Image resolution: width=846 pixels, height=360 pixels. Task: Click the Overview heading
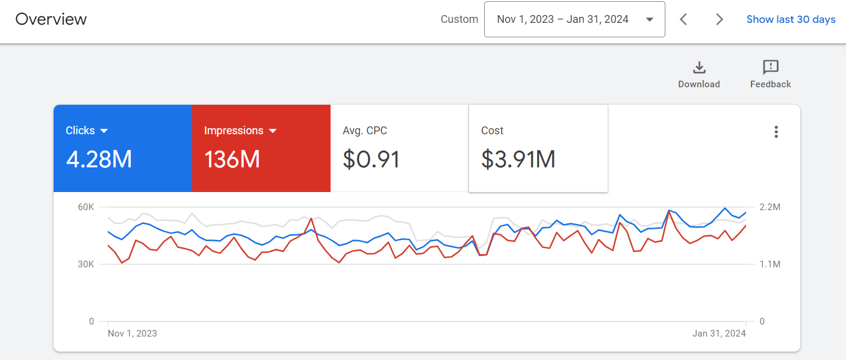tap(51, 19)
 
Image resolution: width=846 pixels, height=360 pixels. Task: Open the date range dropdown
tap(574, 19)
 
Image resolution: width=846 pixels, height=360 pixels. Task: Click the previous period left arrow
tap(683, 19)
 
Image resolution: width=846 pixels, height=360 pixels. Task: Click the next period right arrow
tap(719, 19)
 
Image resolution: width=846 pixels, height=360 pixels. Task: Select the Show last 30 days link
tap(791, 19)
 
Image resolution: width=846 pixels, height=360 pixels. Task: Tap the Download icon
tap(699, 67)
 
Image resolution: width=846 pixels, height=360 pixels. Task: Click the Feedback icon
tap(770, 67)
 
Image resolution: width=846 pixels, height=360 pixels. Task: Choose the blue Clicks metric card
tap(123, 148)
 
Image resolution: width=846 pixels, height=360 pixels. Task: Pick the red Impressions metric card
tap(261, 148)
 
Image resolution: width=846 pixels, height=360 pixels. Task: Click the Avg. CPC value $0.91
tap(371, 160)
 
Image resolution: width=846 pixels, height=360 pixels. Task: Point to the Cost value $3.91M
tap(518, 160)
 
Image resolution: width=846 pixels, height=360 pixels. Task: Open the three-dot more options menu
tap(776, 132)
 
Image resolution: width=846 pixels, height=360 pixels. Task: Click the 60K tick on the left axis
tap(86, 207)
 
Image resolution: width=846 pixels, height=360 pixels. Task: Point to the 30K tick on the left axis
tap(86, 264)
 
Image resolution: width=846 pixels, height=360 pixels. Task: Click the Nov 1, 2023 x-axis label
tap(132, 334)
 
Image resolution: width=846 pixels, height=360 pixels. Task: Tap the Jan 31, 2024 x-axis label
tap(719, 334)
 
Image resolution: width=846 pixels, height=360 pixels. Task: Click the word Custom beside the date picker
tap(459, 19)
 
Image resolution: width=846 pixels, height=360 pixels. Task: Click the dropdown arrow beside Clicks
tap(104, 131)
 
